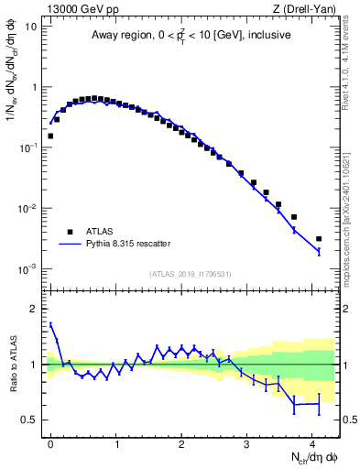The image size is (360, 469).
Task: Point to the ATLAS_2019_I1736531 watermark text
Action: coord(190,274)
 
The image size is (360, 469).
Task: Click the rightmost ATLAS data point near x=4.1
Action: coord(319,239)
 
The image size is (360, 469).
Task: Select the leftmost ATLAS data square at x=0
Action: coord(50,136)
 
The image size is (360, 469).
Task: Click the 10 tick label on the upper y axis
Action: coord(31,27)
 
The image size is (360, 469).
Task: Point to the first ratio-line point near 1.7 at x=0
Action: coord(50,323)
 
